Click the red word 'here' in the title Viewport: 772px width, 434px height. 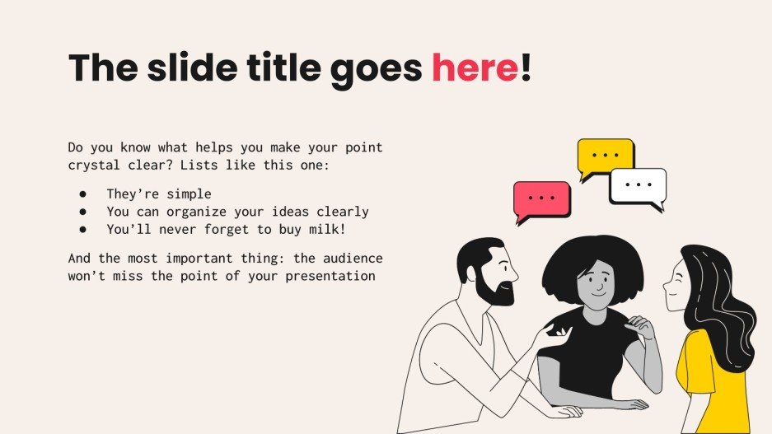[x=475, y=68]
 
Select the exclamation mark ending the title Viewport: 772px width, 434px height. [x=526, y=68]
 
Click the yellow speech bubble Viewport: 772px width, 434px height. [x=605, y=156]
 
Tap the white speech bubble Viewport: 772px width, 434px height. [x=637, y=185]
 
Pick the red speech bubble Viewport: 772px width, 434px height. [x=541, y=199]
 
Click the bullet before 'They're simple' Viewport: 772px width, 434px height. [x=83, y=194]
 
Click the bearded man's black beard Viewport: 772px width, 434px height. [x=498, y=290]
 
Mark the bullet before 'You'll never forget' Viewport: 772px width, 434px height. [x=83, y=229]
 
